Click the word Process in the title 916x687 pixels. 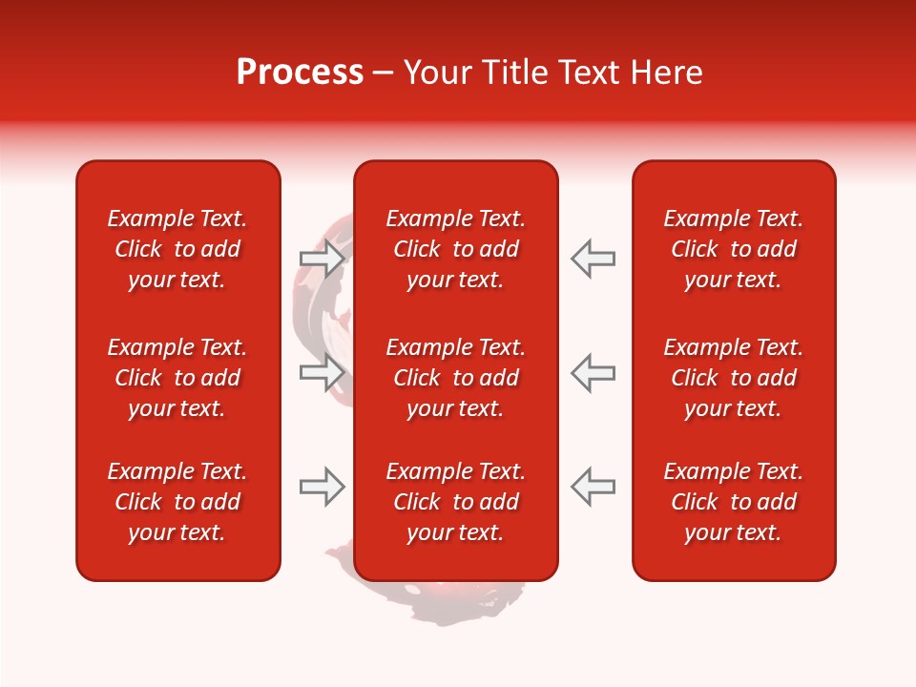300,73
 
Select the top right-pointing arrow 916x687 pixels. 322,258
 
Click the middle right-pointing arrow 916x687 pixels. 322,372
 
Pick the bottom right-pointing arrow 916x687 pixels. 322,487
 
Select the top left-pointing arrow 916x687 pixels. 593,258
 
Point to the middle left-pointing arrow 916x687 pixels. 593,372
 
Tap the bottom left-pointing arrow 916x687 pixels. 593,487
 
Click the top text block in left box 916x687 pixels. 177,249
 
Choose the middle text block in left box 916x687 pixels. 177,378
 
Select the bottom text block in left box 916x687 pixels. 177,502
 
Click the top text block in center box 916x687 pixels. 455,249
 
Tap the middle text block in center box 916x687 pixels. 455,378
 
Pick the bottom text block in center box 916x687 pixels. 455,502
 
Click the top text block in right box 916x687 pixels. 733,249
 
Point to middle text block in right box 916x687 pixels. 733,378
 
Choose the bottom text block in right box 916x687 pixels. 733,502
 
